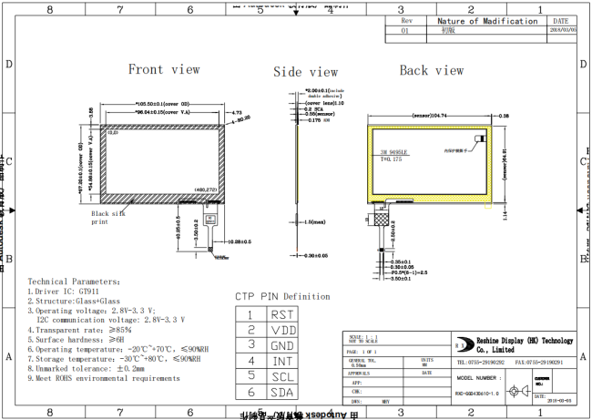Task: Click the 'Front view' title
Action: tap(164, 69)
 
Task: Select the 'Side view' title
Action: tap(305, 72)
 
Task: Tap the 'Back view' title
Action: tap(432, 70)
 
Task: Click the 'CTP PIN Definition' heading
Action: tap(282, 296)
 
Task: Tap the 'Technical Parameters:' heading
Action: tap(73, 282)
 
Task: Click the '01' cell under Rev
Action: tap(405, 30)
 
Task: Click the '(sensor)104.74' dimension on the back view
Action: tap(434, 117)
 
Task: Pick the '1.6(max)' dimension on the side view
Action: tap(317, 222)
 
